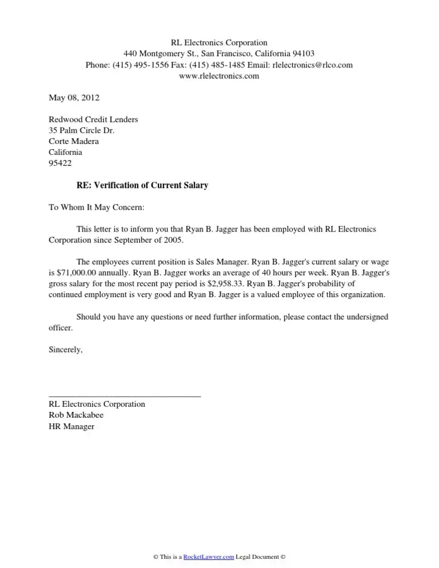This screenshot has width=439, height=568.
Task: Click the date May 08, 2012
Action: click(x=74, y=98)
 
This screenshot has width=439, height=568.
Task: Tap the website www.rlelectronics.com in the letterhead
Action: click(x=219, y=76)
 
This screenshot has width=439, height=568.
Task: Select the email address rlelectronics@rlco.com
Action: click(x=313, y=65)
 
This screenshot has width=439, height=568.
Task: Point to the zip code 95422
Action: click(x=61, y=163)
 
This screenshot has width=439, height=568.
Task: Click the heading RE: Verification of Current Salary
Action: click(x=142, y=186)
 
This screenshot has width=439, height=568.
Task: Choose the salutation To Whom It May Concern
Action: click(x=97, y=207)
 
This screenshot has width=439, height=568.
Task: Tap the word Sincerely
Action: click(x=66, y=350)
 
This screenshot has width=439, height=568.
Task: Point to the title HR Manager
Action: click(x=71, y=426)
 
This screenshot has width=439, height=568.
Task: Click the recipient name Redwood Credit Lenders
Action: click(x=93, y=119)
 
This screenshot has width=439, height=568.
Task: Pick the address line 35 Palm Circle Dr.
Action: click(x=82, y=130)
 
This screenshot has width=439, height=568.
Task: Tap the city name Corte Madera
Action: click(x=74, y=141)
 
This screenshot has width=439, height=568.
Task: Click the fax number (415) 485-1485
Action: click(x=217, y=65)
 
